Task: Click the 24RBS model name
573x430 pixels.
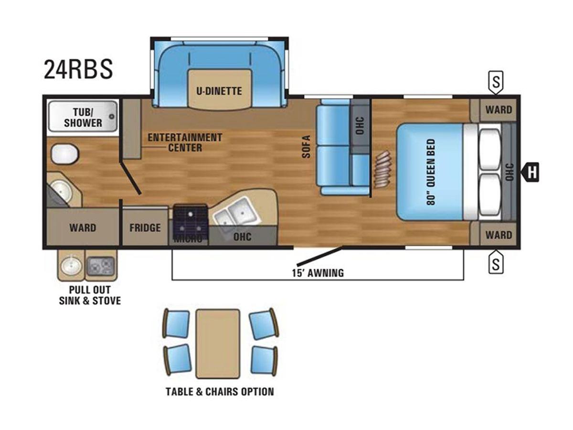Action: click(x=78, y=69)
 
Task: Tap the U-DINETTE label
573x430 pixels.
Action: click(x=219, y=91)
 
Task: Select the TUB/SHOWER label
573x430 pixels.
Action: click(x=83, y=118)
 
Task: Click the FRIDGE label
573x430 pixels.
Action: click(x=145, y=227)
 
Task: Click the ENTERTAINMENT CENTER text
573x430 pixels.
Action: click(x=185, y=142)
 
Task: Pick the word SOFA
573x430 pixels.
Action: click(x=307, y=147)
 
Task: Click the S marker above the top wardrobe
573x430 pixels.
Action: click(x=496, y=82)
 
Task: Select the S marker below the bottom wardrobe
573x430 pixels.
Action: click(x=496, y=262)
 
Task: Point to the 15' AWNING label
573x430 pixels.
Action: click(x=318, y=273)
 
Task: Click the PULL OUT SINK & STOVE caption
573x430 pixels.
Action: click(x=90, y=295)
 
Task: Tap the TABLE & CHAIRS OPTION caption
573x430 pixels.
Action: click(x=220, y=392)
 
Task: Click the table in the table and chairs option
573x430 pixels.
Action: click(x=217, y=344)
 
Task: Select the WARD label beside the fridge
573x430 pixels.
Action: click(x=83, y=227)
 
